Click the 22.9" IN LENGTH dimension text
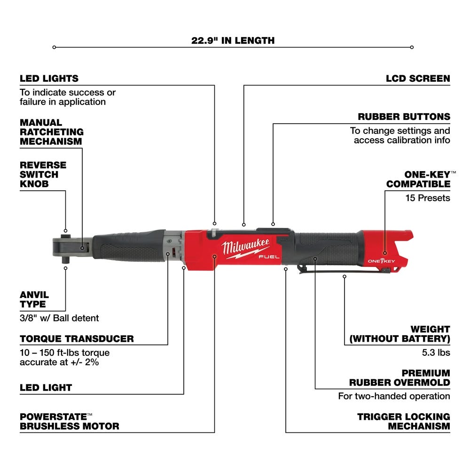pyautogui.click(x=233, y=40)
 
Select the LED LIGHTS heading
pyautogui.click(x=49, y=78)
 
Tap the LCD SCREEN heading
pyautogui.click(x=418, y=78)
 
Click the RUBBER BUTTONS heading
pyautogui.click(x=410, y=117)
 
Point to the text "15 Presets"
pyautogui.click(x=428, y=198)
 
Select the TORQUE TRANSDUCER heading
pyautogui.click(x=77, y=338)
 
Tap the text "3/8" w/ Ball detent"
pyautogui.click(x=59, y=318)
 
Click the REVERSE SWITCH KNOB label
pyautogui.click(x=43, y=174)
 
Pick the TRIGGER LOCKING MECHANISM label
pyautogui.click(x=403, y=422)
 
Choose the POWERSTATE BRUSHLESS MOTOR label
pyautogui.click(x=69, y=422)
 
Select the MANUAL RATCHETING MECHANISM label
pyautogui.click(x=51, y=132)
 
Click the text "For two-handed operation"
pyautogui.click(x=394, y=396)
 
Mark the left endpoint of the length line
pyautogui.click(x=55, y=47)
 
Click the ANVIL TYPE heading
pyautogui.click(x=34, y=299)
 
